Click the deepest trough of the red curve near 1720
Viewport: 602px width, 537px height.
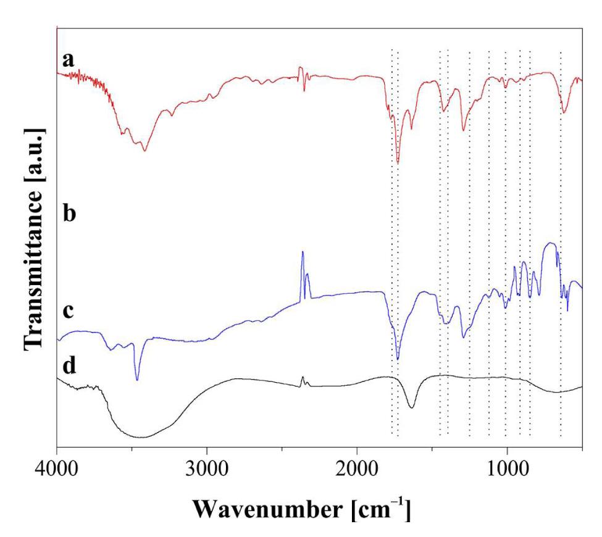coord(398,163)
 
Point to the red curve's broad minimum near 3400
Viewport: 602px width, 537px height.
coord(144,151)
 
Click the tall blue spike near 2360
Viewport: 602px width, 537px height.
coord(303,252)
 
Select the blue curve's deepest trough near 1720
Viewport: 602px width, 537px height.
coord(398,359)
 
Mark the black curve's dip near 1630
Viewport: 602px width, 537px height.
coord(412,407)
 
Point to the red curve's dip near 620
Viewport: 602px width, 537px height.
coord(563,113)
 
